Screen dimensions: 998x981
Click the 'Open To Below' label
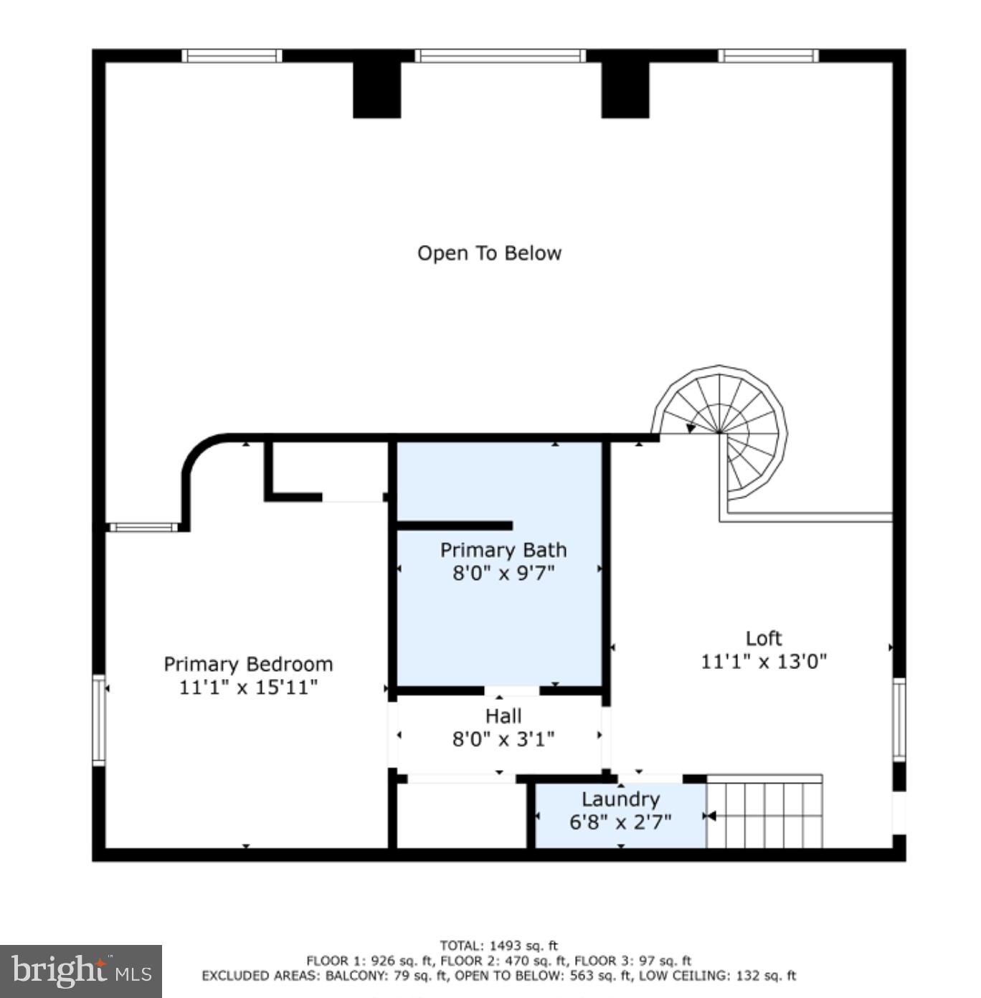(489, 253)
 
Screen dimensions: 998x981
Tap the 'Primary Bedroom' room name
(248, 664)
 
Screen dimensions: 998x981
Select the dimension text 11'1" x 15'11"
(248, 687)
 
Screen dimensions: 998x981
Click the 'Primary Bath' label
(503, 550)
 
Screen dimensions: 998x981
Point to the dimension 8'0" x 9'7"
(503, 573)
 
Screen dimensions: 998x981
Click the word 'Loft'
(764, 638)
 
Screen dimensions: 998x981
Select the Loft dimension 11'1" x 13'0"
(764, 661)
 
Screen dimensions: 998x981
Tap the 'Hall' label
(503, 716)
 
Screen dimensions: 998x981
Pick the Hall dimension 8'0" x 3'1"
(503, 738)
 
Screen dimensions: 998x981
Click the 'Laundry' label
(620, 799)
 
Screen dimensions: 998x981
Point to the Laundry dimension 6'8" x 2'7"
(620, 822)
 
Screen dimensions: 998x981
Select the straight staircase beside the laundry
(764, 814)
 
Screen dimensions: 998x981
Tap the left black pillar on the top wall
(376, 89)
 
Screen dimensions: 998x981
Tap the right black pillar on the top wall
(625, 89)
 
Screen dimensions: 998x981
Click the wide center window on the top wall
(501, 56)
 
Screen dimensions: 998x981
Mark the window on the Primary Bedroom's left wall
(99, 720)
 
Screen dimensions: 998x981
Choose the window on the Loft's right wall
(899, 719)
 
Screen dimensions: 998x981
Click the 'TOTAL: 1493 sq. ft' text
(499, 946)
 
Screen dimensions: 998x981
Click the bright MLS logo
(81, 971)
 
